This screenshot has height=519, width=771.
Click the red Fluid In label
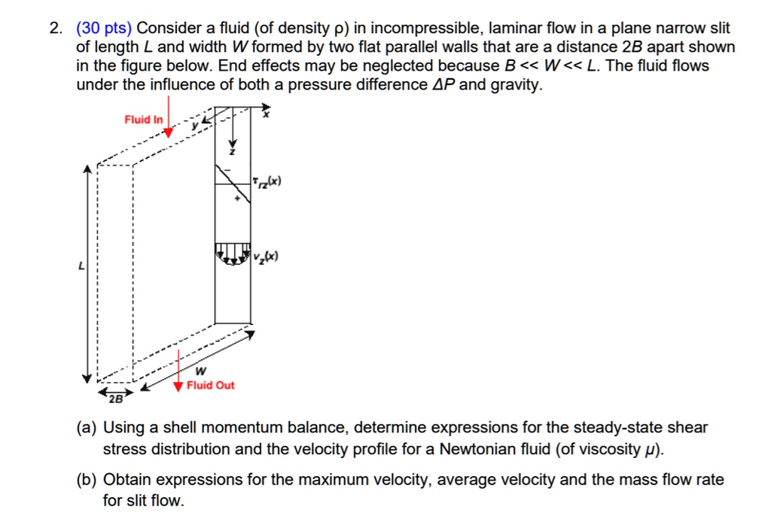coord(143,120)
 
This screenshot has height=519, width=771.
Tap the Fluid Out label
coord(210,385)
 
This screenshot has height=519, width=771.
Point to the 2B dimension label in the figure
coord(114,396)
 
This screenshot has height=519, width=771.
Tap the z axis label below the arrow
coord(232,152)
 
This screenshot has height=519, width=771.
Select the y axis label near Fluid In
coord(193,126)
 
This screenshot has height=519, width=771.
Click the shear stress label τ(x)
coord(267,181)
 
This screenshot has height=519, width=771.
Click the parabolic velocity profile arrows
coord(233,254)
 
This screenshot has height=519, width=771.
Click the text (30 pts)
coord(104,29)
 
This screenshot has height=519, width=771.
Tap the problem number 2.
coord(55,29)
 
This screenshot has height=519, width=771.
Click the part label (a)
coord(87,428)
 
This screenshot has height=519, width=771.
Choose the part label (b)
coord(87,479)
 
